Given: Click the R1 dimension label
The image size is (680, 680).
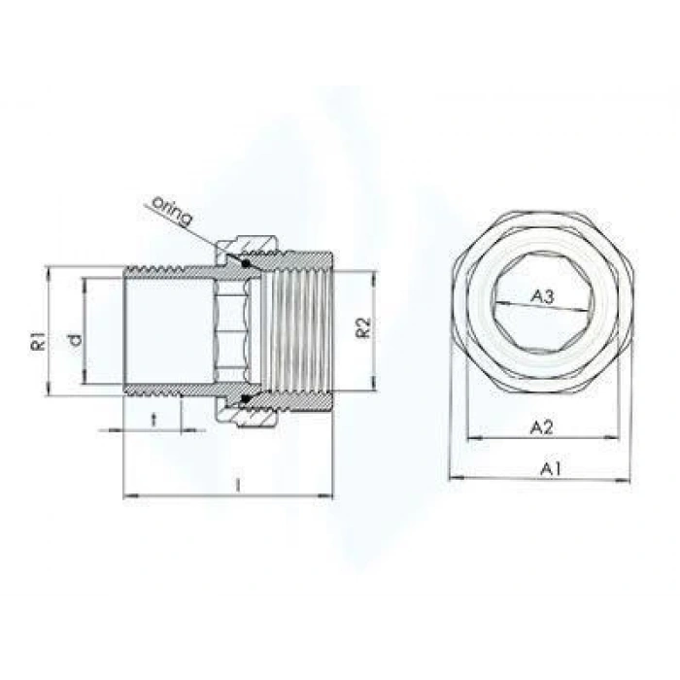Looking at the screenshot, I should point(36,342).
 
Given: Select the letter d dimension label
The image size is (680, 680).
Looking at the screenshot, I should point(74,341).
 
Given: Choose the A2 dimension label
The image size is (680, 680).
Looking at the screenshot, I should point(542,425).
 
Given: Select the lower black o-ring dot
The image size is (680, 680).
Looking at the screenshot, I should point(246,399).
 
